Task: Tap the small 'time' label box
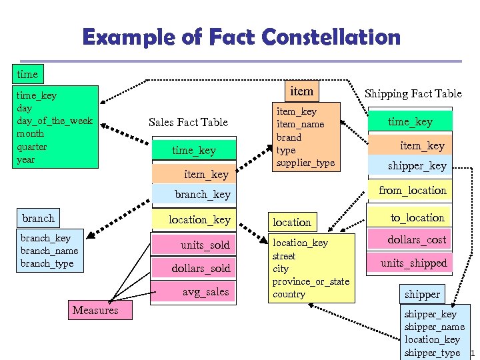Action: point(27,73)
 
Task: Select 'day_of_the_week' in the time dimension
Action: point(55,121)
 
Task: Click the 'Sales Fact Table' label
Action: point(188,122)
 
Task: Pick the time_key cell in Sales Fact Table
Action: point(194,151)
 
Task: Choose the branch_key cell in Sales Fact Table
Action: point(203,195)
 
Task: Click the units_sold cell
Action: point(205,245)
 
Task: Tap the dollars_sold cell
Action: point(201,269)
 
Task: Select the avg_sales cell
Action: point(205,292)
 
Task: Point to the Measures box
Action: point(95,310)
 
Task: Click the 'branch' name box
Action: point(39,219)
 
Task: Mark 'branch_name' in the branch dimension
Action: point(49,251)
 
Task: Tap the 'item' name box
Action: point(301,90)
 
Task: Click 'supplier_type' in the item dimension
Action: point(305,163)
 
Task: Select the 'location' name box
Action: point(292,222)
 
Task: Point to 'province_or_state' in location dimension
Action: point(311,281)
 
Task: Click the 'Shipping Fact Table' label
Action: point(413,94)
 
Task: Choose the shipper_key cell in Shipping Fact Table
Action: point(417,166)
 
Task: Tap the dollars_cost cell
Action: point(417,240)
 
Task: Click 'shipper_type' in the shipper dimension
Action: point(432,353)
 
